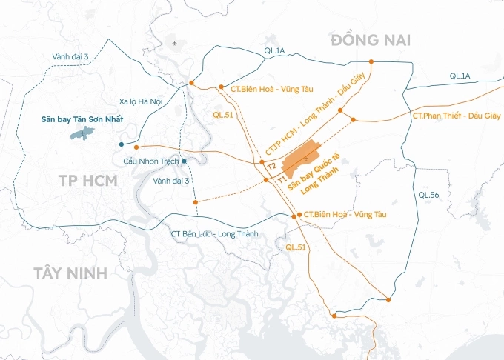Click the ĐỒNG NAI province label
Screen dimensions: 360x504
tap(371, 39)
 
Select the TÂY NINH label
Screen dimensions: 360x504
tap(70, 273)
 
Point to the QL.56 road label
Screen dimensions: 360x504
tap(428, 195)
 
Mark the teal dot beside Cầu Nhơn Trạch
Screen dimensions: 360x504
tap(184, 161)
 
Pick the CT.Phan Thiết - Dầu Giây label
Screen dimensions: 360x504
tap(455, 116)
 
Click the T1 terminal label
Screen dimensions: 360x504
tap(282, 179)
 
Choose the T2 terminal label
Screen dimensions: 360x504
tap(272, 165)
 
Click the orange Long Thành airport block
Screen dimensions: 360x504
tap(300, 158)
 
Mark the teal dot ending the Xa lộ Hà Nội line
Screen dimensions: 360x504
tap(121, 144)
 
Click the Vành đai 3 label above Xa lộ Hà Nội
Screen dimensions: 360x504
tap(70, 57)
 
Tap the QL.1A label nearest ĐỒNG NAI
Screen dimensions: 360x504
tap(273, 50)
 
